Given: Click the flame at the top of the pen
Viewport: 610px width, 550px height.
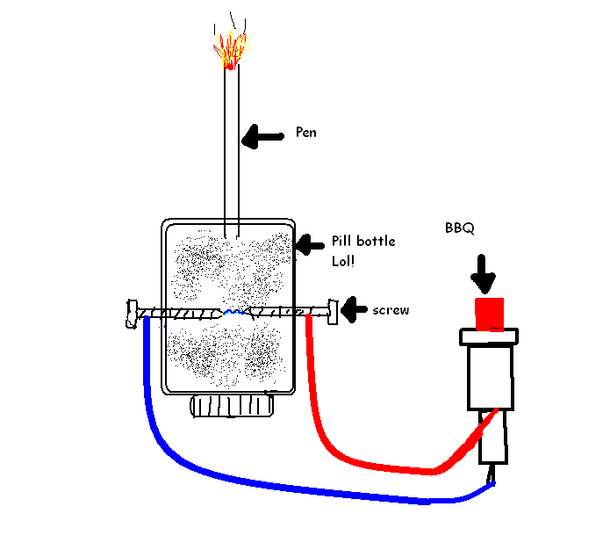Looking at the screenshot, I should coord(230,49).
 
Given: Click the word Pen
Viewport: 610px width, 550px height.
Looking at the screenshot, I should coord(306,134).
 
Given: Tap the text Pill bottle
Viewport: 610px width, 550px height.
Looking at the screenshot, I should coord(362,242).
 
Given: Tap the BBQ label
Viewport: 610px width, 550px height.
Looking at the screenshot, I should coord(460,228).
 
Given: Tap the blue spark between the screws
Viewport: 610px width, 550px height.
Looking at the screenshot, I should coord(233,311).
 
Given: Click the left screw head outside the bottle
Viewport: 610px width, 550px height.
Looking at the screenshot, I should coord(131,313).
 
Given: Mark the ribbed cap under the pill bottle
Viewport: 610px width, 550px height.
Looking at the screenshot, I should coord(232,407).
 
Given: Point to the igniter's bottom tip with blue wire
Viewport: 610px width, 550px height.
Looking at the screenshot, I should coord(492,475).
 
